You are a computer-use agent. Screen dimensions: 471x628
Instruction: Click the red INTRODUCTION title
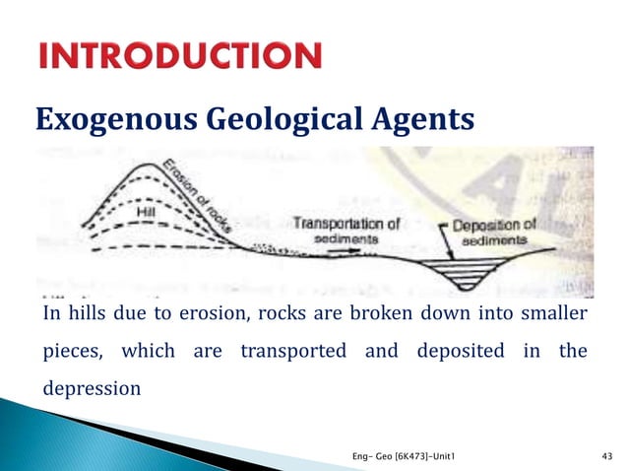(180, 56)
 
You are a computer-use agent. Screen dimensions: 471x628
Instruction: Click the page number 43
(605, 455)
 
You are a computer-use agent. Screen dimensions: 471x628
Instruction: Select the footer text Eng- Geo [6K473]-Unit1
(403, 455)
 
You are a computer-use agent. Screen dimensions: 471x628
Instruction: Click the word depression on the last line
(91, 387)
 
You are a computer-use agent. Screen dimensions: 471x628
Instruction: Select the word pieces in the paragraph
(74, 351)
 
